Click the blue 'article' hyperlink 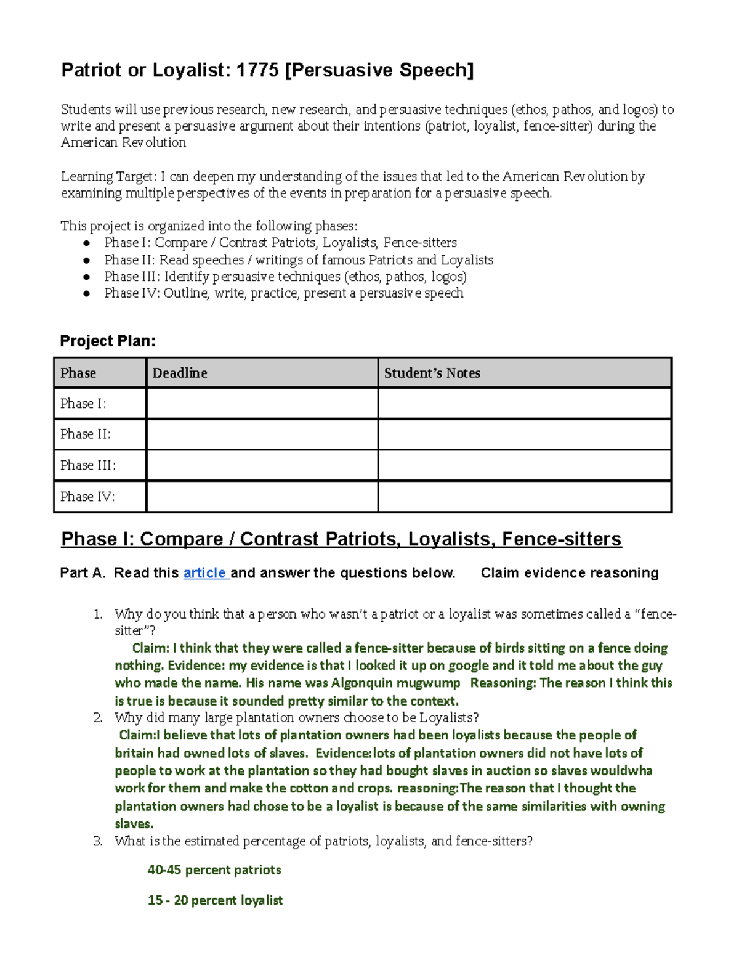pos(205,573)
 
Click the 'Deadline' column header pos(179,373)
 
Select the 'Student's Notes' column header pos(432,373)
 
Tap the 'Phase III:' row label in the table pos(87,465)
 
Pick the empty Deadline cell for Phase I pos(262,404)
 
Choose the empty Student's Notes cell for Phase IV pos(524,497)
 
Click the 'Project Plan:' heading pos(108,341)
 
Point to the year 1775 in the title pos(257,70)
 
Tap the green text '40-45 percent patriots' pos(214,870)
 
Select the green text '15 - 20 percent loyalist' pos(215,900)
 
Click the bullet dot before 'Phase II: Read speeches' pos(87,260)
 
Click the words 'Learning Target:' pos(108,177)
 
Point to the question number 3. pos(97,841)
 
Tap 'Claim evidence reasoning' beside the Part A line pos(569,573)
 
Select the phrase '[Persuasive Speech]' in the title pos(379,70)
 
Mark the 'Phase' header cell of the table pos(78,373)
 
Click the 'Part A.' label pos(83,573)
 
